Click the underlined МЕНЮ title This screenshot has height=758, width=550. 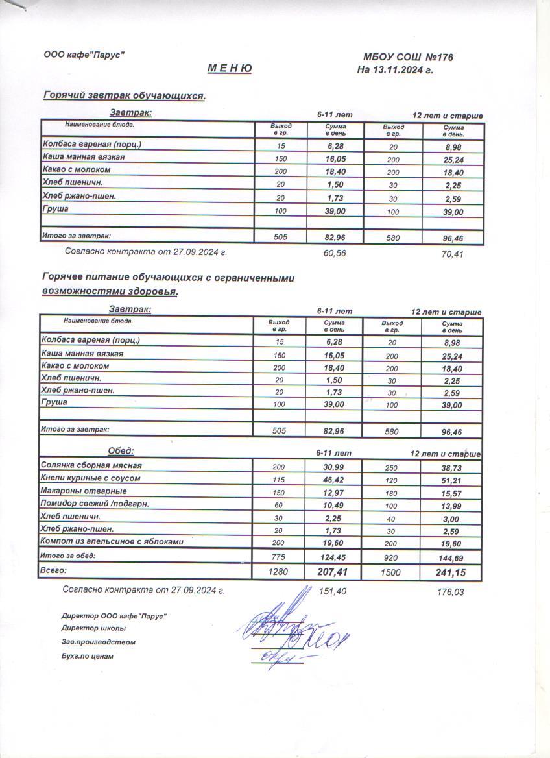pyautogui.click(x=230, y=69)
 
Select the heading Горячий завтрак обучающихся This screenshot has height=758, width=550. pyautogui.click(x=124, y=96)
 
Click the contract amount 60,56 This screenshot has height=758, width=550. pyautogui.click(x=335, y=253)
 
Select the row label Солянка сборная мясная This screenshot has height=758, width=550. pyautogui.click(x=91, y=465)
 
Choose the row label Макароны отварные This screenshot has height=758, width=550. pyautogui.click(x=84, y=491)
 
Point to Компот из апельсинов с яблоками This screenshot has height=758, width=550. pyautogui.click(x=112, y=541)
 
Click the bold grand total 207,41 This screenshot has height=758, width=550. pyautogui.click(x=335, y=572)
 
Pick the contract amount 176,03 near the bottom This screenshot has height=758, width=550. pyautogui.click(x=451, y=592)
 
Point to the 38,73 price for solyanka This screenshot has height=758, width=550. pyautogui.click(x=451, y=467)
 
